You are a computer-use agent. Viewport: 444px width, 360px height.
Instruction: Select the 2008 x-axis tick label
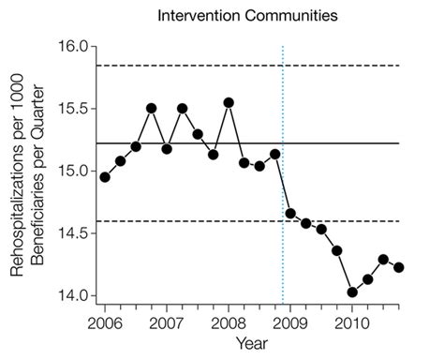pos(228,322)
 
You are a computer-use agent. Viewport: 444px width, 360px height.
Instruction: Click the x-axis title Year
pos(251,344)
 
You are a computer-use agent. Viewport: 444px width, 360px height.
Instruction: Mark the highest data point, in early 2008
pos(229,102)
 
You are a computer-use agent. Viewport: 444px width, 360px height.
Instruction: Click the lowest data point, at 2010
pos(352,292)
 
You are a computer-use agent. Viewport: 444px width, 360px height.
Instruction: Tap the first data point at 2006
pos(105,177)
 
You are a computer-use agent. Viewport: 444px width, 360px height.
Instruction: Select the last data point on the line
pos(399,267)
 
